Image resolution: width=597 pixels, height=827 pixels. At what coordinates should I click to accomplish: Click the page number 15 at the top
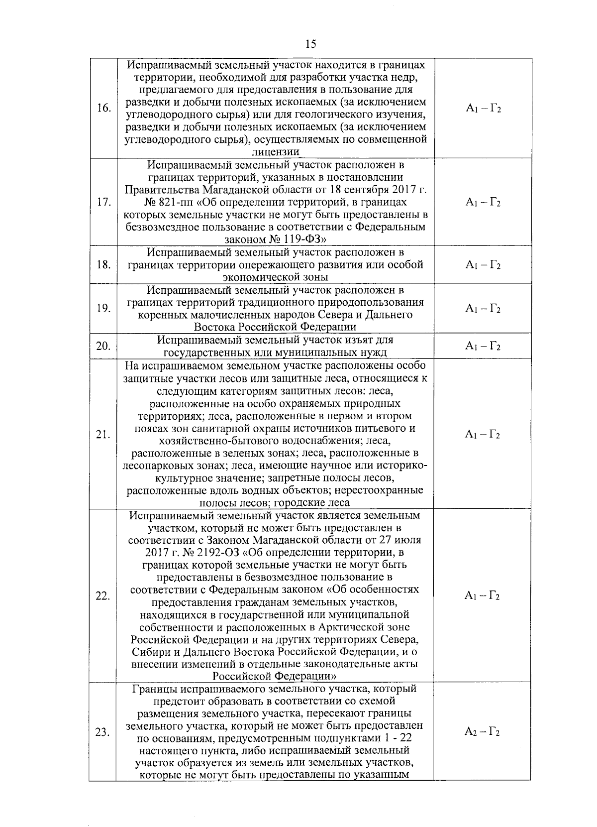(311, 44)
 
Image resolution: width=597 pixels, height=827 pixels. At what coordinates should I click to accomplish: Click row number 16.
(103, 109)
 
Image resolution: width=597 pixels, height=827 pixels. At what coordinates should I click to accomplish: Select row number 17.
(103, 202)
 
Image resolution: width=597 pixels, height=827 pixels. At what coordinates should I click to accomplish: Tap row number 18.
(103, 264)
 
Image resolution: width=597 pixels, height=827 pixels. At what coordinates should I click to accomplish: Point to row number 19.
(103, 309)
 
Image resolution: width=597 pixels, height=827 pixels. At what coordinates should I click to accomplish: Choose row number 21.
(103, 435)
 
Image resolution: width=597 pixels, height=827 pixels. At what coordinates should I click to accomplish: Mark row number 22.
(103, 596)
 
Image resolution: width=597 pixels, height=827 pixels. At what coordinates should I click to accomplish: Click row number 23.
(103, 732)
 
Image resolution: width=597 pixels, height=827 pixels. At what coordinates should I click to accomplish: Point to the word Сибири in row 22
(148, 652)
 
